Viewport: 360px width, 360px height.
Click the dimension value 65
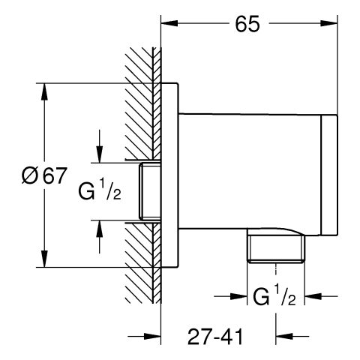point(247,24)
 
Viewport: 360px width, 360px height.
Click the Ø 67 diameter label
point(44,175)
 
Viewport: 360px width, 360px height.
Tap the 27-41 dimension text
point(215,337)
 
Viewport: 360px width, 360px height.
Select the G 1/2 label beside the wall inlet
point(100,189)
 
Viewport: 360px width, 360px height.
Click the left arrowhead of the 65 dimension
point(169,23)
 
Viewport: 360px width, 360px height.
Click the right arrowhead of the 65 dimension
point(329,23)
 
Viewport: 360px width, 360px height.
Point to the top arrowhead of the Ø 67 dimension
point(44,91)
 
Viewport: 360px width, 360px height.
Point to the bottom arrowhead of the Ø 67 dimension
point(44,259)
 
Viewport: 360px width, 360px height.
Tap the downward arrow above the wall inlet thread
point(100,146)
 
